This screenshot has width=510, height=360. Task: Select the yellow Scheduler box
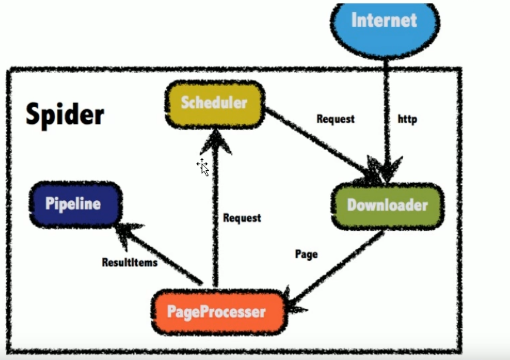click(x=214, y=103)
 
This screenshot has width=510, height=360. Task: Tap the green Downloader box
click(x=387, y=205)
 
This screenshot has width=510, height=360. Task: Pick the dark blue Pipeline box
click(x=73, y=204)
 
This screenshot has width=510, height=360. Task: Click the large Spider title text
click(x=65, y=115)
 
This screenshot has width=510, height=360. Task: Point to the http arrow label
click(x=408, y=119)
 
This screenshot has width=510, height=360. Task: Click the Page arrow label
click(x=306, y=254)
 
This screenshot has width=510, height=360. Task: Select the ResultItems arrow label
click(x=130, y=262)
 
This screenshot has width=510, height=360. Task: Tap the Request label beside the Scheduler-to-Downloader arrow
click(x=335, y=119)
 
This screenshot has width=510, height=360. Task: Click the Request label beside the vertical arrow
click(x=242, y=218)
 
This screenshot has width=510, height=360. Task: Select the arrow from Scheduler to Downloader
click(x=317, y=142)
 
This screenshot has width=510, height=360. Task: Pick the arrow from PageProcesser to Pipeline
click(x=161, y=254)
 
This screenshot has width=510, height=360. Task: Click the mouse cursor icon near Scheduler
click(x=203, y=167)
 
